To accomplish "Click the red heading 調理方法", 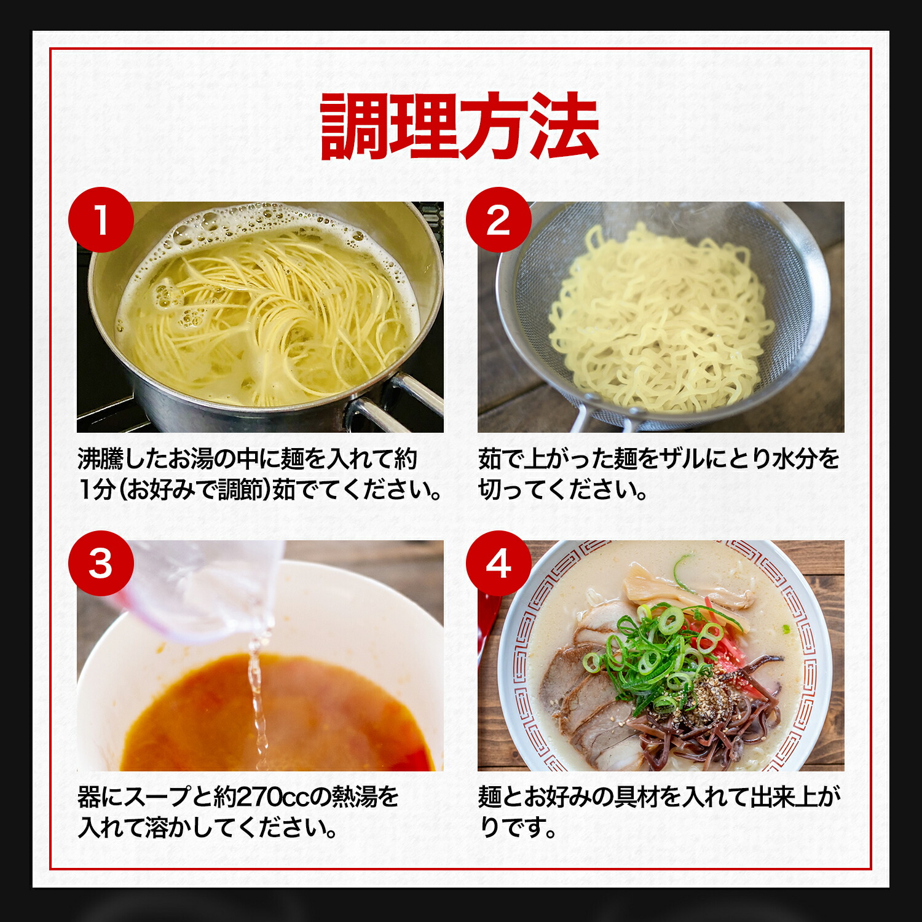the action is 460,127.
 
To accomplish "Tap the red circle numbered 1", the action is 101,219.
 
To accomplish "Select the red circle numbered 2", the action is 498,219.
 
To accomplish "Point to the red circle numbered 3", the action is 101,563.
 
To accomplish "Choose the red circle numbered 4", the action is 498,563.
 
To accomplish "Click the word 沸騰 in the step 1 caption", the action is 100,459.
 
